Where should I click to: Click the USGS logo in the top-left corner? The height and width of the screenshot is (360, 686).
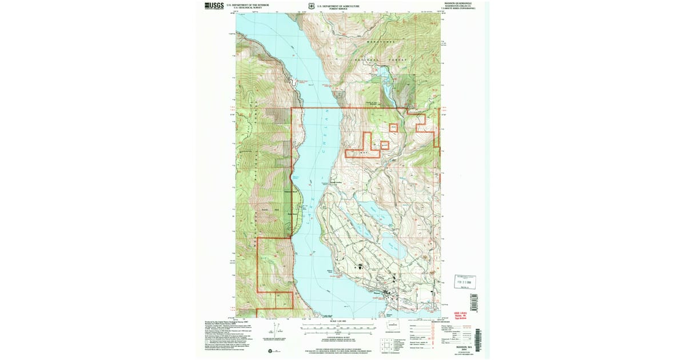214,6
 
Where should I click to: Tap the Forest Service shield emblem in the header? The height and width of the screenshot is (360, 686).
311,6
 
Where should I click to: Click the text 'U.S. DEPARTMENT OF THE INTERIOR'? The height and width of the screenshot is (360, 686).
248,5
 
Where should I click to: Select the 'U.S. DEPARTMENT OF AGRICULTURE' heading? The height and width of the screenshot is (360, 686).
338,5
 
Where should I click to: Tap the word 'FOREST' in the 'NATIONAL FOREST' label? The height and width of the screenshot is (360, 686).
397,59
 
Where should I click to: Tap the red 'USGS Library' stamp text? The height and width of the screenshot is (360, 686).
461,314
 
